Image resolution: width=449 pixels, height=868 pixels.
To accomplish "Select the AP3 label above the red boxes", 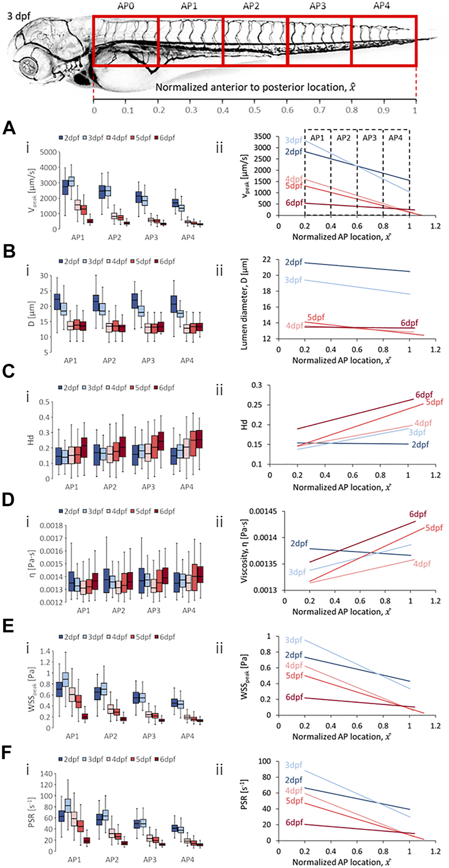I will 319,7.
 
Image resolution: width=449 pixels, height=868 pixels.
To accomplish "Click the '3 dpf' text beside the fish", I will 19,16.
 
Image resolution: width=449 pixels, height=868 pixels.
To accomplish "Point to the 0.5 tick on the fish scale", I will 255,110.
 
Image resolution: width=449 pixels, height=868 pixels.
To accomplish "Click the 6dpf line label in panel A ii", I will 294,202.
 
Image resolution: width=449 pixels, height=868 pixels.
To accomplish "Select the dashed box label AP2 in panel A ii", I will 343,138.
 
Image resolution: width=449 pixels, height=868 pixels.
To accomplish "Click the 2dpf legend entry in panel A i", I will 69,138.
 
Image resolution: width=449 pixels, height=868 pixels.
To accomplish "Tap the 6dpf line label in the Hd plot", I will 424,395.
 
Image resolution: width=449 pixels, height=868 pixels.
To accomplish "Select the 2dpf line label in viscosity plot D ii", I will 299,543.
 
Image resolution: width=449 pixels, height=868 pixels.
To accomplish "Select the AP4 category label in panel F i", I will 188,859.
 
